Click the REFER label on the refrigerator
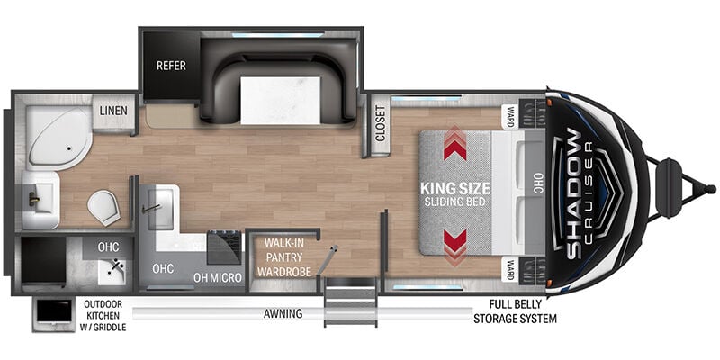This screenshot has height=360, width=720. click(171, 66)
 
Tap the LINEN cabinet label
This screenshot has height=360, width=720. click(114, 111)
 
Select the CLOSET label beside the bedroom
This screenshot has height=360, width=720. click(380, 124)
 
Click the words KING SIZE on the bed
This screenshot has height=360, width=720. click(455, 189)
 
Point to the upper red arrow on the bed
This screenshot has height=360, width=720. click(454, 143)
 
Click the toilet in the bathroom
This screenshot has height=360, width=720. click(104, 208)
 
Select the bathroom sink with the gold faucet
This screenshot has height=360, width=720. click(39, 200)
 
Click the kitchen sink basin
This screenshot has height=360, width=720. click(159, 208)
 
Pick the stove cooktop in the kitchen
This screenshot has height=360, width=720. click(224, 247)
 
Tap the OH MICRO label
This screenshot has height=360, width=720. click(218, 277)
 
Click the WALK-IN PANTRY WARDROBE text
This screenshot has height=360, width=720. click(284, 257)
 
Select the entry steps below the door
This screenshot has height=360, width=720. click(350, 302)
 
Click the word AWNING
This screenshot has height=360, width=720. click(283, 314)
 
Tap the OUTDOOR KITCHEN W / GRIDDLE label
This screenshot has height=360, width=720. click(103, 316)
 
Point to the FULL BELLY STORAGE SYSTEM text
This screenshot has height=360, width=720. click(515, 311)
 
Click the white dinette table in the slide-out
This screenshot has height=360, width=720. click(280, 100)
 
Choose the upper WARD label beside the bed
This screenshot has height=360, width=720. click(510, 116)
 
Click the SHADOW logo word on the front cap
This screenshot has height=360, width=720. click(574, 193)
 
